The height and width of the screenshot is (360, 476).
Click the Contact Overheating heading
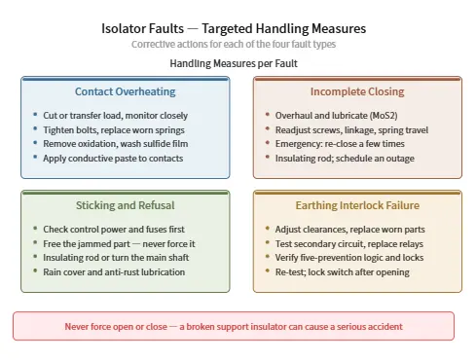click(x=126, y=91)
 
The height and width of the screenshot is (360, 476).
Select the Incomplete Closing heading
click(x=357, y=91)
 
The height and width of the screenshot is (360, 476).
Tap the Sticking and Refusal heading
click(x=126, y=205)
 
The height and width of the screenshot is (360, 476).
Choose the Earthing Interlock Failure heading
click(x=357, y=205)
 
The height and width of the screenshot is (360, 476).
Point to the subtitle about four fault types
click(x=234, y=44)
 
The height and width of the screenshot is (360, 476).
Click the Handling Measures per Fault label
click(x=234, y=63)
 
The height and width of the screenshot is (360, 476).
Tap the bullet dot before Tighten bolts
click(x=35, y=128)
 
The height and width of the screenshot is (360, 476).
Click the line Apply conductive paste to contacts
click(x=113, y=159)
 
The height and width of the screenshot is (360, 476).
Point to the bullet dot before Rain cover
click(x=35, y=270)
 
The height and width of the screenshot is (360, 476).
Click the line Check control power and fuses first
click(x=114, y=230)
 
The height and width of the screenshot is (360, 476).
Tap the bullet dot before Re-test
click(x=268, y=270)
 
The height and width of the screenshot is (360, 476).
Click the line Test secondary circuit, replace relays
click(x=349, y=244)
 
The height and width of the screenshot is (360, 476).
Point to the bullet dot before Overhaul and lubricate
click(x=268, y=114)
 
